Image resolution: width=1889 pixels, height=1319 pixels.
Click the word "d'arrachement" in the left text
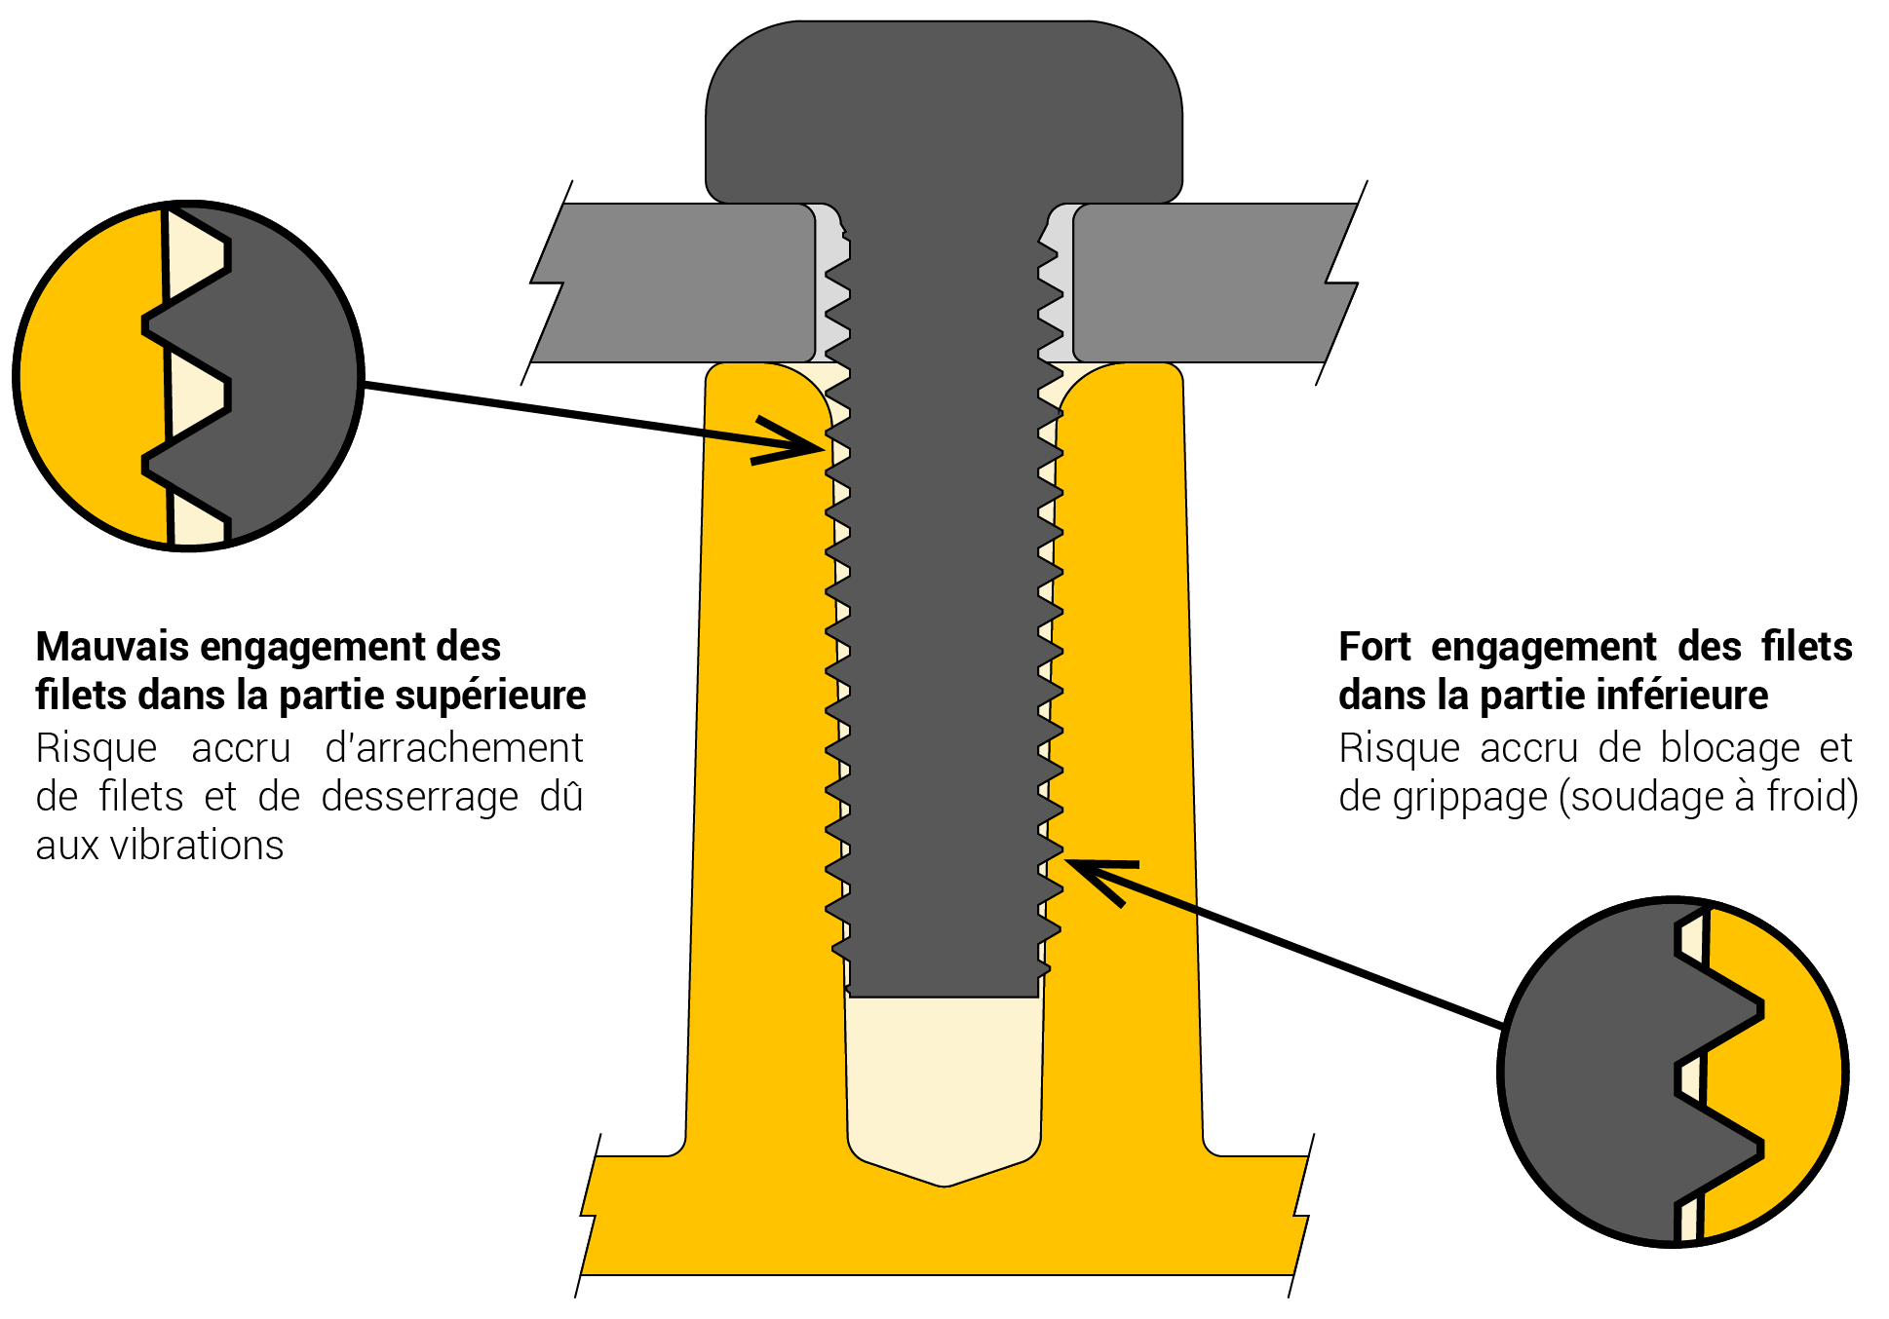coord(453,748)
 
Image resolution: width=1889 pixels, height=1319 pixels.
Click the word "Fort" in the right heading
coord(1375,647)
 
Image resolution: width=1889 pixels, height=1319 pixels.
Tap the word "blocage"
coord(1730,748)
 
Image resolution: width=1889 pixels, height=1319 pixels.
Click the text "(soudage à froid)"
coord(1709,797)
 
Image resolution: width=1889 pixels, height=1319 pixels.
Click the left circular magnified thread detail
coord(188,376)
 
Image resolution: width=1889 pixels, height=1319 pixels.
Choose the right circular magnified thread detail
coord(1673,1072)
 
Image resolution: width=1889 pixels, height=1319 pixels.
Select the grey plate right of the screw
coord(1209,283)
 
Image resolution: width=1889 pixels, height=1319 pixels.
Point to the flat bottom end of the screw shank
coord(944,995)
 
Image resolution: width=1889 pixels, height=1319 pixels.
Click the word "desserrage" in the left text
coord(419,797)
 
